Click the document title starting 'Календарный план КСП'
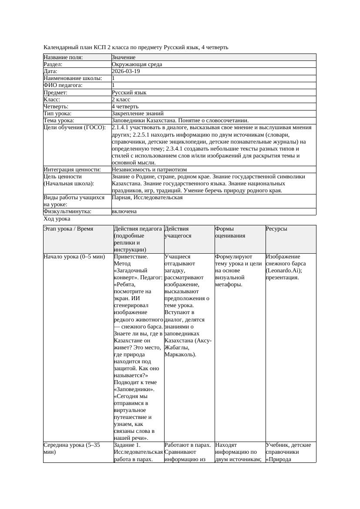coord(136,47)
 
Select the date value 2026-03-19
coord(126,71)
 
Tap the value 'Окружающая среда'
coord(137,64)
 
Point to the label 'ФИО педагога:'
coord(63,85)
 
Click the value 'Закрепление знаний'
coord(137,113)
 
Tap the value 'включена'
coord(124,211)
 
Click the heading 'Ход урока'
coord(57,219)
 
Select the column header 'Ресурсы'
coord(276,228)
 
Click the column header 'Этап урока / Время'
coord(68,228)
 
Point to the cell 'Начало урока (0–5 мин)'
coord(74,257)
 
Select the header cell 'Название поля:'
coord(63,57)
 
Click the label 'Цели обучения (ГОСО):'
coord(74,127)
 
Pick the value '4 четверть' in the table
coord(125,106)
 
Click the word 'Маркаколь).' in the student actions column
coord(180,354)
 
